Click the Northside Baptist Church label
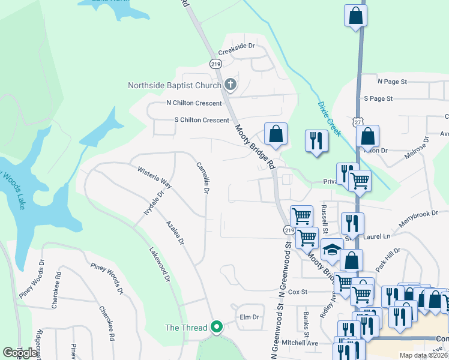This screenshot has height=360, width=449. click(175, 85)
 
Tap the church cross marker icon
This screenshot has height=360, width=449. click(231, 85)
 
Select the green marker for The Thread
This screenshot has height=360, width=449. click(217, 328)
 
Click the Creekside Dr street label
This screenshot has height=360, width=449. click(237, 46)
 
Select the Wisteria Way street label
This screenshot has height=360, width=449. click(155, 178)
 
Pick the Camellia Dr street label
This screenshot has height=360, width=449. click(202, 178)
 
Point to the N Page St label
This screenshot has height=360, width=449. click(392, 81)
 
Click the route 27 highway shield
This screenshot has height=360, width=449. click(358, 121)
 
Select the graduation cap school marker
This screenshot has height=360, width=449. click(331, 250)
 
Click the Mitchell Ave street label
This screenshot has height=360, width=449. click(300, 343)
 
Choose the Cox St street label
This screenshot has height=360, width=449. click(297, 292)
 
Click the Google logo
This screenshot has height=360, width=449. click(20, 353)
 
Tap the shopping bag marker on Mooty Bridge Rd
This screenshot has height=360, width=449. click(276, 134)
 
